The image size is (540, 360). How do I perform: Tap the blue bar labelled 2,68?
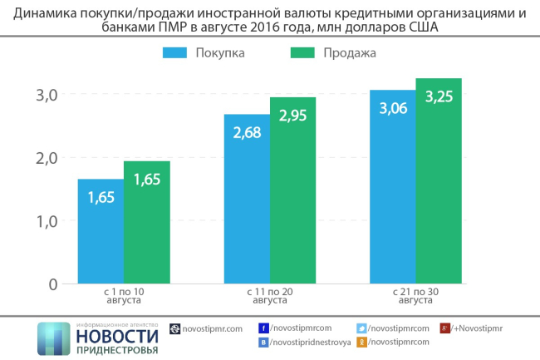pyautogui.click(x=247, y=199)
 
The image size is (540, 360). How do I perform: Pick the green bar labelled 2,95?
pyautogui.click(x=292, y=190)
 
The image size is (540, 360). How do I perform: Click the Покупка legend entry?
pyautogui.click(x=204, y=52)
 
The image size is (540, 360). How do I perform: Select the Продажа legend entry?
pyautogui.click(x=333, y=52)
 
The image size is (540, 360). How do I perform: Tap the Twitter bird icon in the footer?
pyautogui.click(x=361, y=328)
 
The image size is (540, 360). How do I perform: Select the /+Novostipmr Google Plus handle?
pyautogui.click(x=476, y=328)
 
